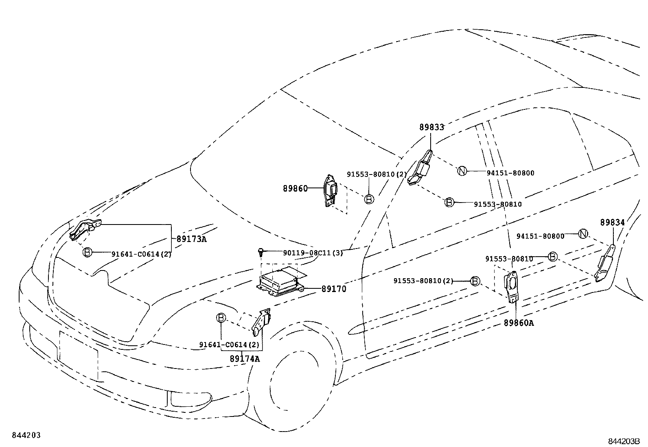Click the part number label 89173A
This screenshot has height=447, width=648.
tap(191, 239)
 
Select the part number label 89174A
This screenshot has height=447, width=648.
tap(244, 359)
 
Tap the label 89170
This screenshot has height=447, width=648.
tap(333, 289)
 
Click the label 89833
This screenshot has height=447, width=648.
tap(431, 127)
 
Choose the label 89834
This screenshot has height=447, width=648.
tap(612, 222)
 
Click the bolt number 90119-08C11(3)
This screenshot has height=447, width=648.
tap(313, 253)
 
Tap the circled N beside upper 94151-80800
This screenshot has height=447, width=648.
tap(462, 171)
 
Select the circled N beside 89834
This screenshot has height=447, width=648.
tap(583, 234)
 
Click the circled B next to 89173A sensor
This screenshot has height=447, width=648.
tap(87, 252)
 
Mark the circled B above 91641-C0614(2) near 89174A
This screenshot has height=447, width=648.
tap(221, 317)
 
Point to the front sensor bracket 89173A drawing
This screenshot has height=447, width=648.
tap(85, 229)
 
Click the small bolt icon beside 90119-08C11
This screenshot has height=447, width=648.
tap(261, 252)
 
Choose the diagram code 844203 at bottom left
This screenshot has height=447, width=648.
tap(26, 436)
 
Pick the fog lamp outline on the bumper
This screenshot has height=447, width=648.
tap(190, 399)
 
